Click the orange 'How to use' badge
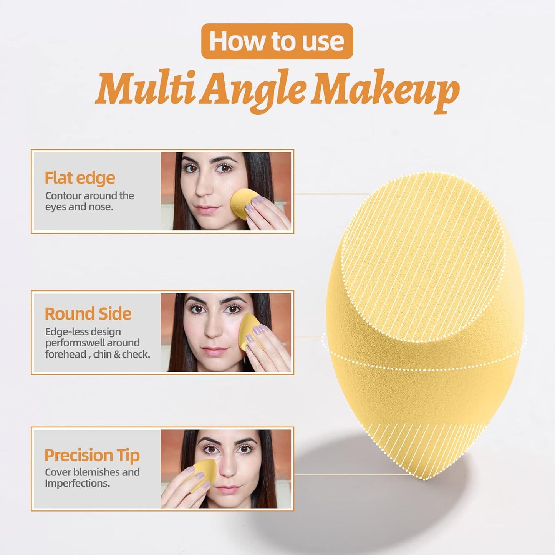coord(277,41)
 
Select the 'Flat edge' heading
coord(80,178)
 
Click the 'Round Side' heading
coord(88,314)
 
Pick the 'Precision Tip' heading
coord(92,455)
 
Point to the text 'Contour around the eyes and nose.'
coord(89,201)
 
